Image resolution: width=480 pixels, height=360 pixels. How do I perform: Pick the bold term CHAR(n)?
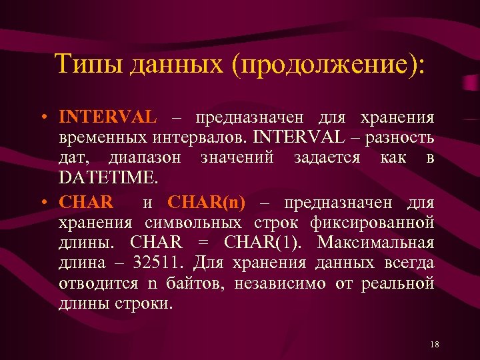[x=207, y=202]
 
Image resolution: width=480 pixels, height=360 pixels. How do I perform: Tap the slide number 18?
[x=435, y=344]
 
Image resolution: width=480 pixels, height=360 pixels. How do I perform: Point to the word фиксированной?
[x=382, y=222]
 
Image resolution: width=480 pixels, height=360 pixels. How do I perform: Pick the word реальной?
[x=398, y=283]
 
